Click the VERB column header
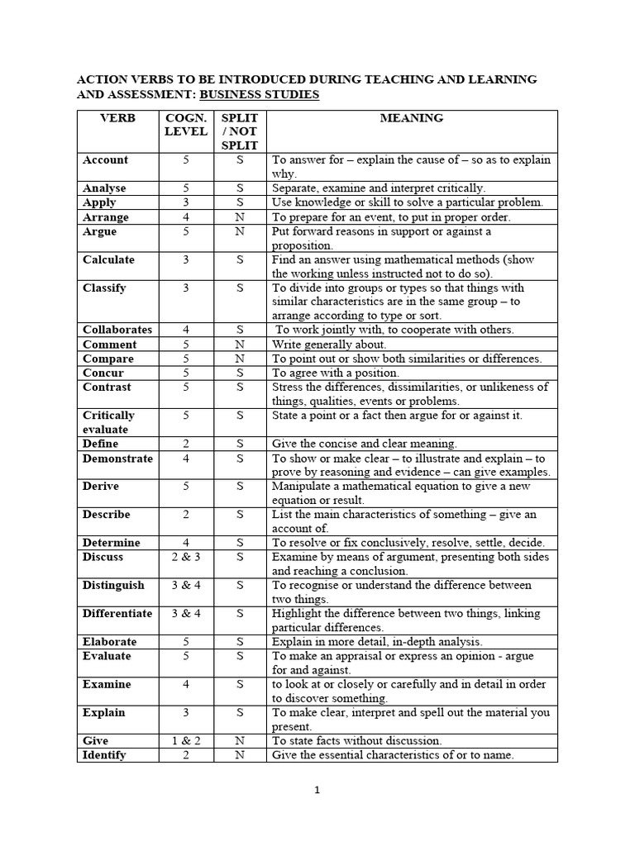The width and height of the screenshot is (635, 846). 117,118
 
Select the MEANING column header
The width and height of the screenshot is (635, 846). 411,118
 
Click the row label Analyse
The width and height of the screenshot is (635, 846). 104,188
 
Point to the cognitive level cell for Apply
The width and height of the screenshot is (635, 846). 186,202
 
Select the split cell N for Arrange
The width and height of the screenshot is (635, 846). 240,217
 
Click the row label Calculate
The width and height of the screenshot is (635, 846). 107,259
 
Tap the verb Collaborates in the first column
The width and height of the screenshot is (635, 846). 117,330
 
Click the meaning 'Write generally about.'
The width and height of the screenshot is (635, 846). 329,345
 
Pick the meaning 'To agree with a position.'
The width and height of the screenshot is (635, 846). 335,373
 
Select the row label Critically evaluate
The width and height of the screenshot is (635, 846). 108,422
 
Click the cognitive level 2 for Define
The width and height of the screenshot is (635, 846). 186,444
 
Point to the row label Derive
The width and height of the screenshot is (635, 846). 101,487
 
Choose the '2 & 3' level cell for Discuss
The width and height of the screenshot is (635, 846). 186,557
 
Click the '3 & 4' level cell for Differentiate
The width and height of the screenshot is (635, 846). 186,613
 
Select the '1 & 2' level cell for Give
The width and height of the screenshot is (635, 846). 186,741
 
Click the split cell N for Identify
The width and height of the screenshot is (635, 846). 240,755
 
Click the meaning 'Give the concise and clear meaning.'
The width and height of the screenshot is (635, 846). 364,444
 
